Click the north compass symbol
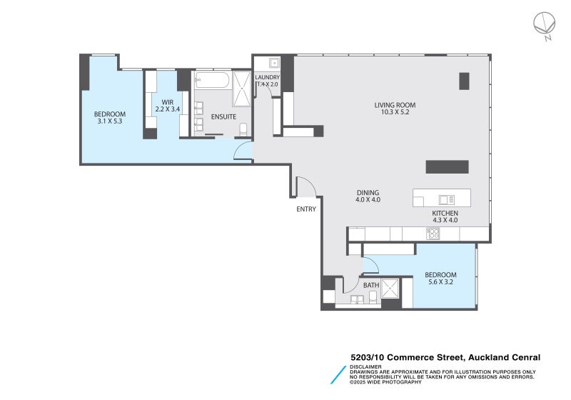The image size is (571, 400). [x=545, y=25]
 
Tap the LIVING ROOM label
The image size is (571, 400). [x=395, y=105]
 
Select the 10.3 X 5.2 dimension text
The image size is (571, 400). [x=395, y=112]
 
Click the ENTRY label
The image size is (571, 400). [x=306, y=209]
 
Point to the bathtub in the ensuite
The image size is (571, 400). [x=212, y=80]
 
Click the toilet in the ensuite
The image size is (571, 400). [x=243, y=129]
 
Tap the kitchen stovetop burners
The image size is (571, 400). [x=433, y=234]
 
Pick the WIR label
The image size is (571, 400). [x=168, y=102]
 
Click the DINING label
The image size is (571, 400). [x=368, y=193]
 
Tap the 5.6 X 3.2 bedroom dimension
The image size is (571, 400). [x=440, y=281]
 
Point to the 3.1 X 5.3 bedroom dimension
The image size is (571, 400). [x=110, y=121]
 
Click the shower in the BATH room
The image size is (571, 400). [x=390, y=288]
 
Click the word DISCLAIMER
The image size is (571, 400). [x=365, y=367]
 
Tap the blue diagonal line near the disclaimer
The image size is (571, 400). [x=338, y=375]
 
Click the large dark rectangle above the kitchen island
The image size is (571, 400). [x=448, y=167]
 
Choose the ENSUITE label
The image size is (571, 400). [x=223, y=117]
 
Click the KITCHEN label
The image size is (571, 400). [x=445, y=214]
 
